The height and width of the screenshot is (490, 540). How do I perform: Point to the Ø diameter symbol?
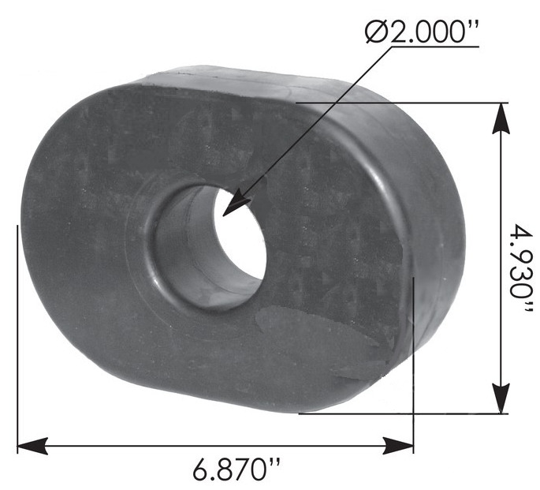click(x=376, y=34)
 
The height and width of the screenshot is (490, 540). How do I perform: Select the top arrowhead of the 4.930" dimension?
click(x=500, y=115)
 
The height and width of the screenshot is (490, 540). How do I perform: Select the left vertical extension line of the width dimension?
click(x=17, y=331)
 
